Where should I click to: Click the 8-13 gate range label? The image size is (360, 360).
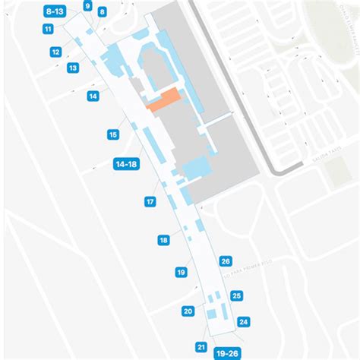(55, 11)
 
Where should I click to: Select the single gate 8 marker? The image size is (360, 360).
(103, 12)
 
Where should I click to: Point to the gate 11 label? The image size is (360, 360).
(48, 29)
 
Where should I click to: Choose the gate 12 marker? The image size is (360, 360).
(56, 52)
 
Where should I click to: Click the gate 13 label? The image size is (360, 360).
(73, 68)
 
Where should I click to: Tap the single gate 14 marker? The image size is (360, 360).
(93, 96)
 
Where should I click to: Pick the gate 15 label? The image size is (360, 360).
(113, 134)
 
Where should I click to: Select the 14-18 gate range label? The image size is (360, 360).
(125, 163)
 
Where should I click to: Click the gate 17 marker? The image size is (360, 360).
(150, 202)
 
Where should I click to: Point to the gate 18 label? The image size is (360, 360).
(163, 240)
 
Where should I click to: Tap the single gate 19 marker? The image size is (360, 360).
(181, 271)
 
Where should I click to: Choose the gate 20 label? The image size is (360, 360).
(188, 310)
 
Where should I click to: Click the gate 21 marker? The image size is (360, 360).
(201, 347)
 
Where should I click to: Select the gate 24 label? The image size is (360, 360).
(244, 321)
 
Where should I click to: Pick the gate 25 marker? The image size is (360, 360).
(237, 295)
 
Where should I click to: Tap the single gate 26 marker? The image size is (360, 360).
(226, 261)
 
